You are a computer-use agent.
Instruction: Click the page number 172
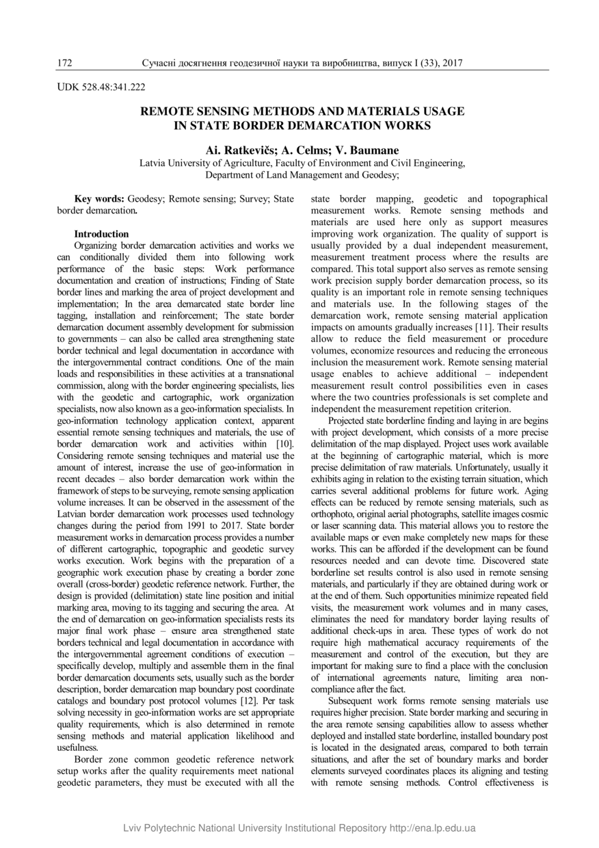pyautogui.click(x=64, y=64)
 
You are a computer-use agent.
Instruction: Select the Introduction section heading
pyautogui.click(x=101, y=234)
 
